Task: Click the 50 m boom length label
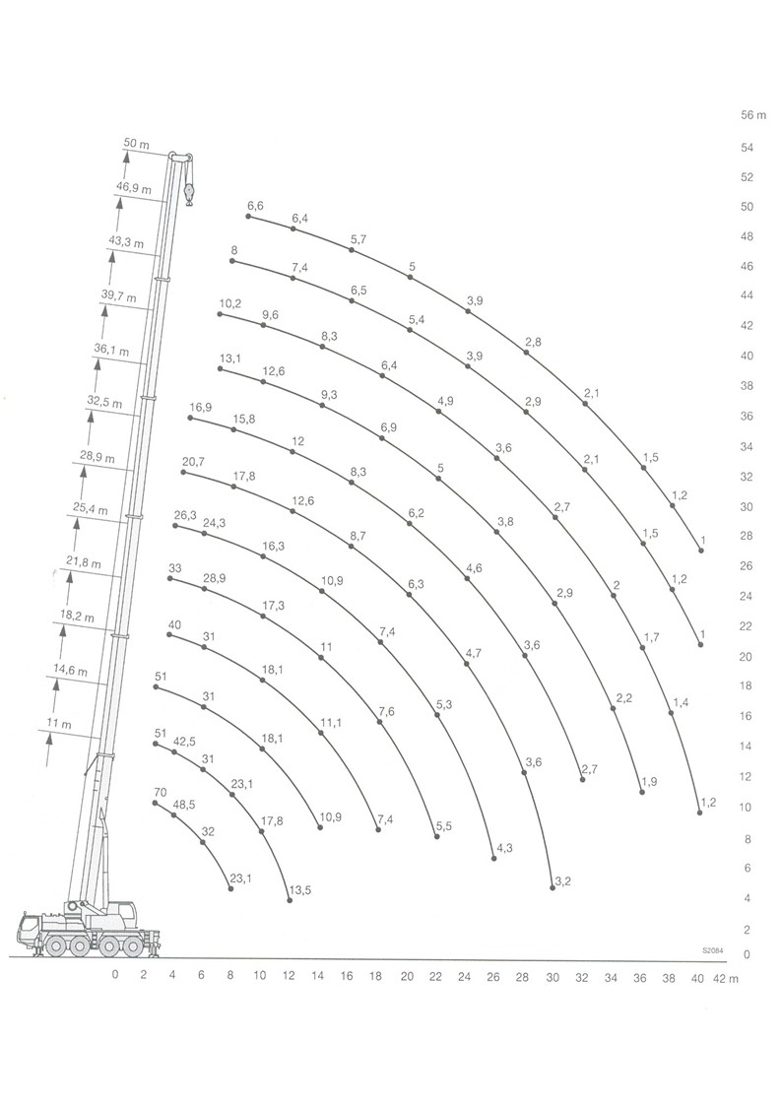136,143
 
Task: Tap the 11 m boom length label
59,724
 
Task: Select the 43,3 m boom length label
126,241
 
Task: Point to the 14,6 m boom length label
71,671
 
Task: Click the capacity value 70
161,793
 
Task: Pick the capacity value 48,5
185,804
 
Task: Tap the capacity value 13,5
299,890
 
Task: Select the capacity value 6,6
255,206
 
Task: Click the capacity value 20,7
193,462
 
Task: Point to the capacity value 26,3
185,516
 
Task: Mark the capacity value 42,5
185,741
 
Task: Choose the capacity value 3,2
563,881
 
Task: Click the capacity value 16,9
200,408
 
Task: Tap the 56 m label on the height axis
753,115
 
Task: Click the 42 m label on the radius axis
726,979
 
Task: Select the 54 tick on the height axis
747,148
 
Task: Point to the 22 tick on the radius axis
435,977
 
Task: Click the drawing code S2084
713,950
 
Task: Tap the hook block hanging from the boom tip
188,193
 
